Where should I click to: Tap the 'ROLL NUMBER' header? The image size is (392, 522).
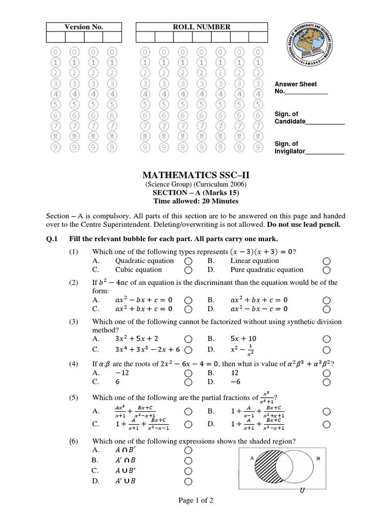202,27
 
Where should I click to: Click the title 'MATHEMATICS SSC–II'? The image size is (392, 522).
195,176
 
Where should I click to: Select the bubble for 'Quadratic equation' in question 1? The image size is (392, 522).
188,261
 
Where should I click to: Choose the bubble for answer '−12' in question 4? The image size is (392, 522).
188,374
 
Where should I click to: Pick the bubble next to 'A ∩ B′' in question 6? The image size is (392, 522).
188,451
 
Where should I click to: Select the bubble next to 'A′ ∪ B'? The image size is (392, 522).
188,481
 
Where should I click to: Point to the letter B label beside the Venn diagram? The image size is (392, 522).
318,458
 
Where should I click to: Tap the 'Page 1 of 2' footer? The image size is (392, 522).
195,501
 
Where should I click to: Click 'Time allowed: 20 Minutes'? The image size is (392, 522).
195,201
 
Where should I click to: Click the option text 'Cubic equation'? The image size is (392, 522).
138,270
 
